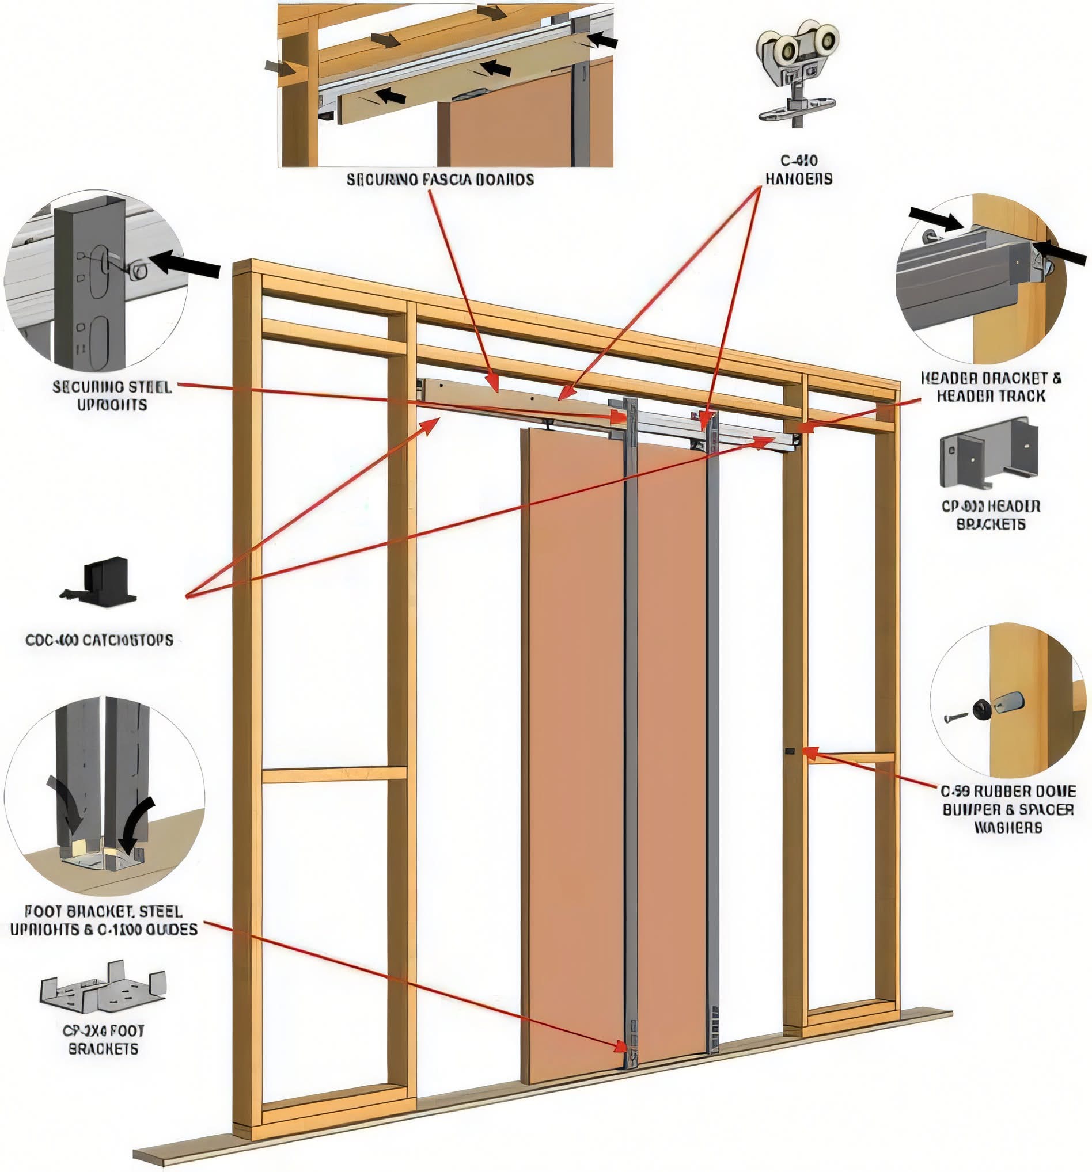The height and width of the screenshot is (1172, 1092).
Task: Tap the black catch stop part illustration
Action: pyautogui.click(x=100, y=580)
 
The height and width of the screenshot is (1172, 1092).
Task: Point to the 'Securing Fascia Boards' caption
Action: pyautogui.click(x=439, y=179)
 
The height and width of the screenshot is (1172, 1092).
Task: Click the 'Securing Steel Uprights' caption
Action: pyautogui.click(x=112, y=395)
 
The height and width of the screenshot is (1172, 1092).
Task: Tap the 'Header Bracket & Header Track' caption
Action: pyautogui.click(x=991, y=387)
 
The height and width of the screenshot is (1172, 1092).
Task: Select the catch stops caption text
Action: pyautogui.click(x=99, y=640)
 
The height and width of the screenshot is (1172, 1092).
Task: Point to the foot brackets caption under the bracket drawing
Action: pyautogui.click(x=103, y=1040)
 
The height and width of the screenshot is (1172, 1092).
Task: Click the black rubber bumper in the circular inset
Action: pyautogui.click(x=981, y=709)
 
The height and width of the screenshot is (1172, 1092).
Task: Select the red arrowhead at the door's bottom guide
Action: pyautogui.click(x=620, y=1046)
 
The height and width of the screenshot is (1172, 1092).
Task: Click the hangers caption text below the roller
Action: pyautogui.click(x=799, y=169)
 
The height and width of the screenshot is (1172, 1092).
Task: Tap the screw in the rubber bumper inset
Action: pyautogui.click(x=956, y=718)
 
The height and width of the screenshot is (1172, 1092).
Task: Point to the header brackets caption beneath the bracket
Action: pyautogui.click(x=991, y=515)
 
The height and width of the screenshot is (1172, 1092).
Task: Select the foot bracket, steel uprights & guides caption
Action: pyautogui.click(x=103, y=920)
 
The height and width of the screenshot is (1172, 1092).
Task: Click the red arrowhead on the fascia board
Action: pyautogui.click(x=494, y=386)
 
